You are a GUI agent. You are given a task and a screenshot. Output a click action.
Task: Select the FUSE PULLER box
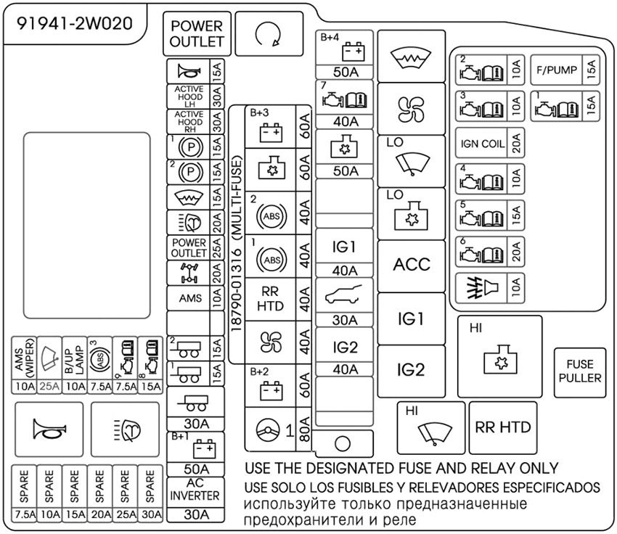[581, 371]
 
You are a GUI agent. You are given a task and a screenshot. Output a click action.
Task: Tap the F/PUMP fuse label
[557, 70]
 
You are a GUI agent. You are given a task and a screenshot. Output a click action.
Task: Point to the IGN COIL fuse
[483, 144]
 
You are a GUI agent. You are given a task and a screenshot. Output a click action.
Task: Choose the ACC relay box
[412, 266]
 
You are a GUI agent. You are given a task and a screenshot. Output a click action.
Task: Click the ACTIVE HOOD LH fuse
[189, 96]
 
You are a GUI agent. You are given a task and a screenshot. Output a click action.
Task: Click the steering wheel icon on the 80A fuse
[266, 430]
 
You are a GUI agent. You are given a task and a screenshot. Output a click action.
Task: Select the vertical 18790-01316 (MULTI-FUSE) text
[237, 233]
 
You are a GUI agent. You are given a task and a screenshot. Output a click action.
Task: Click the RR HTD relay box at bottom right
[502, 427]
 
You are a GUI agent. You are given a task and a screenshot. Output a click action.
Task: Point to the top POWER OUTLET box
[197, 34]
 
